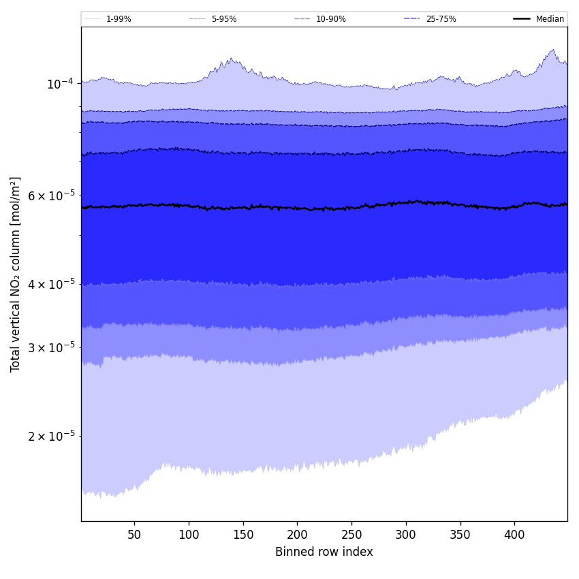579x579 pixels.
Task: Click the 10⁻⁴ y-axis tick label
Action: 60,84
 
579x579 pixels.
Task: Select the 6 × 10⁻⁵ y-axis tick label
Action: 51,195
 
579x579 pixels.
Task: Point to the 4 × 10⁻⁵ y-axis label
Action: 51,284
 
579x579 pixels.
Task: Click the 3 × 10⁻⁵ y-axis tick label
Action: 51,347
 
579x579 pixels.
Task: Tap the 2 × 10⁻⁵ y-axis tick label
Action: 51,436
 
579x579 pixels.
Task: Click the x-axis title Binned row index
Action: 324,552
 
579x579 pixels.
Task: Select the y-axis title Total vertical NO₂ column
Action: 16,275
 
